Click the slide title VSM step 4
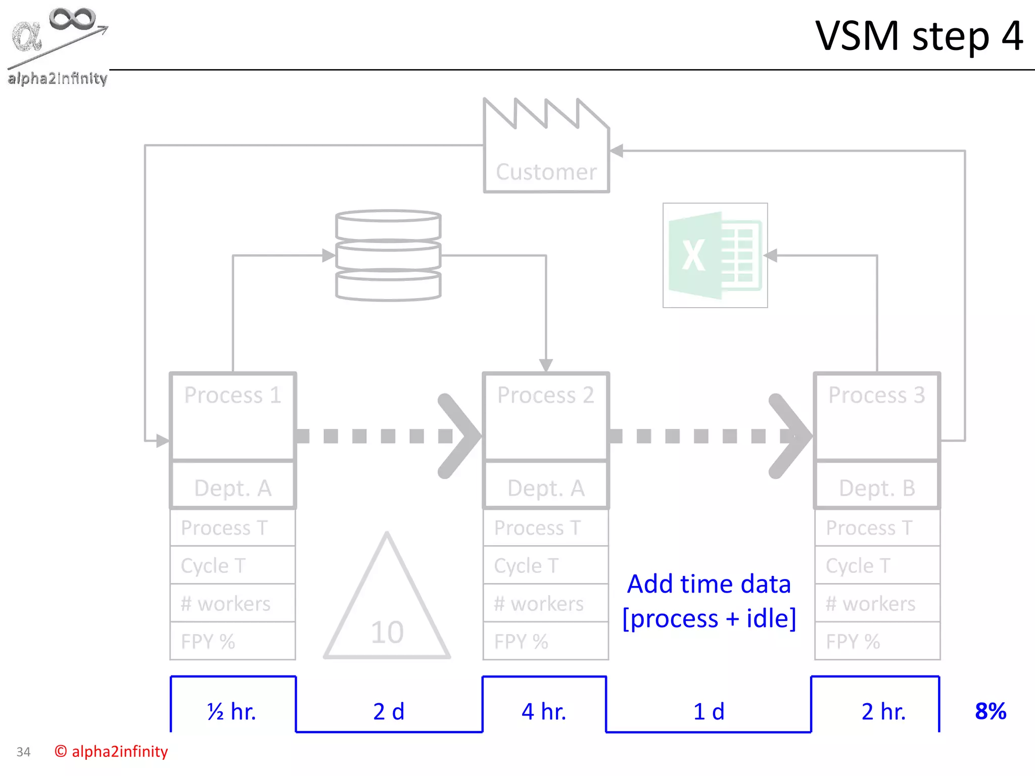[x=919, y=36]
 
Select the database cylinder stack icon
[x=388, y=255]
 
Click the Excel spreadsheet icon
[x=715, y=255]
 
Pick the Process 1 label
[x=232, y=395]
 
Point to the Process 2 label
[x=546, y=395]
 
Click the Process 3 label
[x=877, y=395]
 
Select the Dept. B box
[x=877, y=487]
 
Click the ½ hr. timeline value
[x=232, y=711]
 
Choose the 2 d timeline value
[x=389, y=711]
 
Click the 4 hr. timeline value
[x=544, y=711]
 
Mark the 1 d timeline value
[x=709, y=711]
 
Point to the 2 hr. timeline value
[x=883, y=711]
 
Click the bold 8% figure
[x=991, y=711]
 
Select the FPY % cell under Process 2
[x=546, y=641]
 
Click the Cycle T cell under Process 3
[x=877, y=565]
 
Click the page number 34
[x=23, y=752]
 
